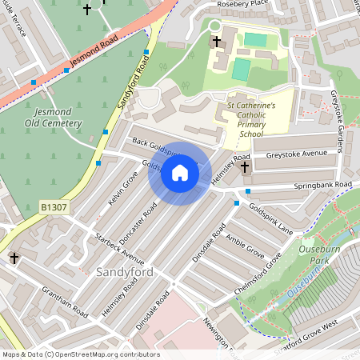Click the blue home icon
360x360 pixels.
180,173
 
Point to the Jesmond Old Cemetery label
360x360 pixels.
54,118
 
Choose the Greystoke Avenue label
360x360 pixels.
297,154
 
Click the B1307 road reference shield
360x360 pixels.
54,207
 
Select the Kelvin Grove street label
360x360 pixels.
123,190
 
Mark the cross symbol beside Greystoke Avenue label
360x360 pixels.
245,168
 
